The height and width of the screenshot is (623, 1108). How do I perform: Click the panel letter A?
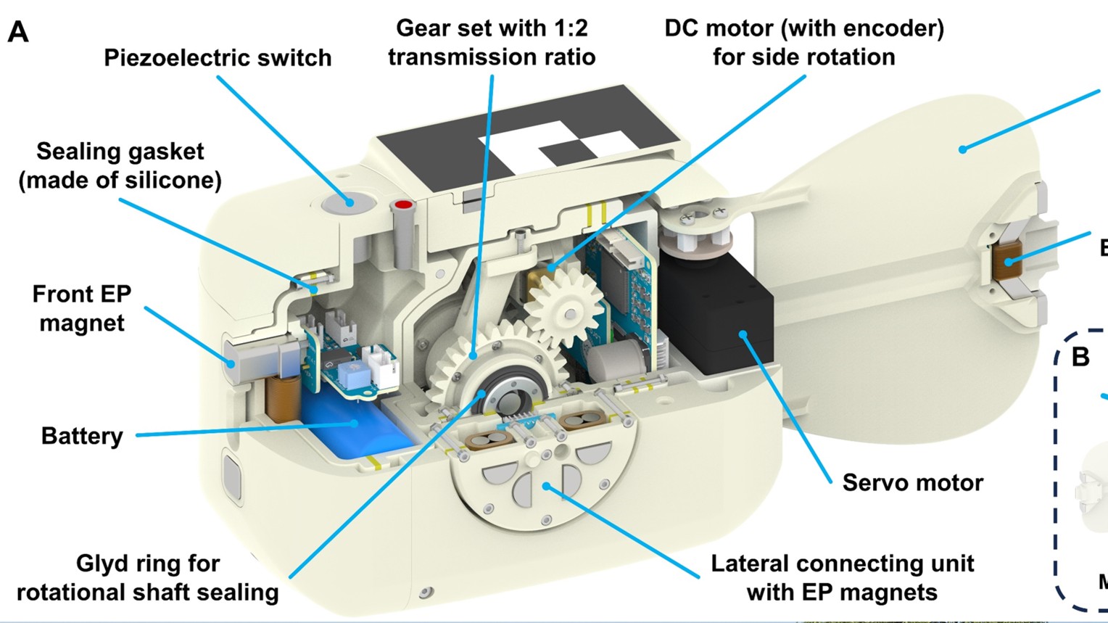coord(18,32)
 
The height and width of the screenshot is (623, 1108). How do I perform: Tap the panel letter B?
coord(1080,356)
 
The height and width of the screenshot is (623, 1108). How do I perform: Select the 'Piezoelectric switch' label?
coord(218,58)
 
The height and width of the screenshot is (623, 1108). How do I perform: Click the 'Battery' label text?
coord(82,436)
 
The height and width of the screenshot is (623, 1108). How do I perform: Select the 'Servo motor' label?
coord(912,482)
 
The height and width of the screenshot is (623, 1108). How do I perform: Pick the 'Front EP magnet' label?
coord(82,308)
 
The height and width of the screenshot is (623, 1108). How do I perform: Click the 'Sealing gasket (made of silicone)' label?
coord(120,165)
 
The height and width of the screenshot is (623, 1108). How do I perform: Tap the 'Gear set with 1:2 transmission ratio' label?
coord(492,43)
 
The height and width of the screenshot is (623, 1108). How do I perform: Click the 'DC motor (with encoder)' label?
coord(803,43)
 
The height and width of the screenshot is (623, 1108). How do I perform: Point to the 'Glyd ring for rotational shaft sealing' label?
coord(148,578)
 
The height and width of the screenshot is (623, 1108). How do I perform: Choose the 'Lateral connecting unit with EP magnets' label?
coord(842,578)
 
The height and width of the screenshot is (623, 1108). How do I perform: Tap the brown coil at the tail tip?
coord(1007,260)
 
